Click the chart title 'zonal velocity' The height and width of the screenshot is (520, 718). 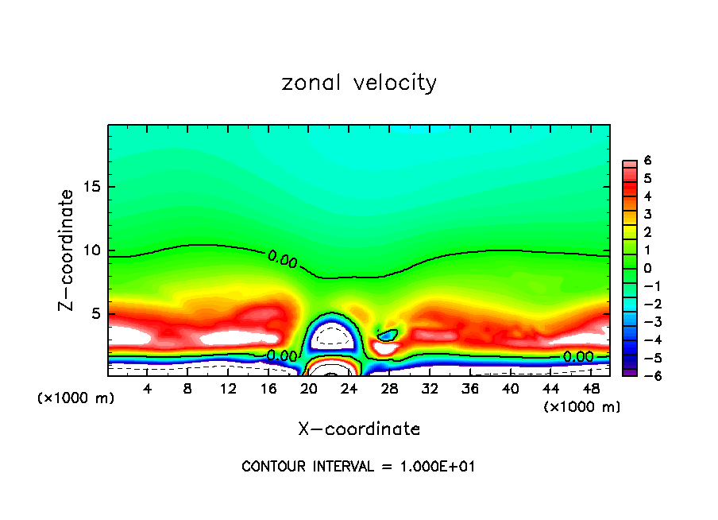(359, 83)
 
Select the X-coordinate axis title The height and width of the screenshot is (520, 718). (359, 429)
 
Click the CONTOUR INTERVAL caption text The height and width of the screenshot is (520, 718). (359, 467)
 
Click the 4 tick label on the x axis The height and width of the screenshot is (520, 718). (147, 389)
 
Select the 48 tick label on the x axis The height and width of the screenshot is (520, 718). (590, 389)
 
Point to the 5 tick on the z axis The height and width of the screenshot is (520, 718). (92, 314)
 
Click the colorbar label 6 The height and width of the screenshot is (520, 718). (647, 161)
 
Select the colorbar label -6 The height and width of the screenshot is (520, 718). (645, 374)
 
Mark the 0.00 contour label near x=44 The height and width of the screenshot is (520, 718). (577, 357)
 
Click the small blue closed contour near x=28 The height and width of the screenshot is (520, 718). (388, 336)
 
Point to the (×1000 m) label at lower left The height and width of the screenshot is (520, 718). (76, 398)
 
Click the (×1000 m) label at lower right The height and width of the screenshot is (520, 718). (582, 407)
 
